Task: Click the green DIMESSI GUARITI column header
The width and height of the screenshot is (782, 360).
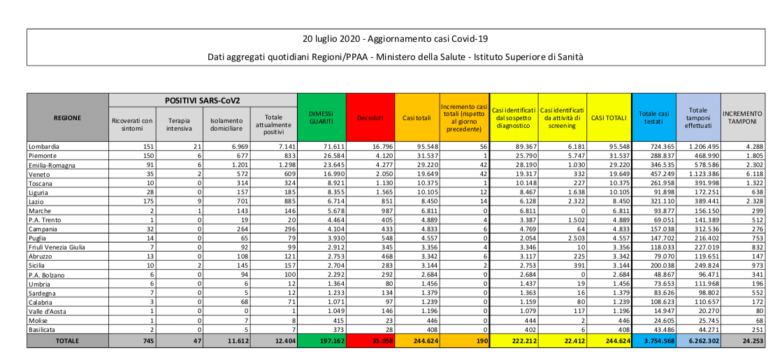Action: tap(321, 117)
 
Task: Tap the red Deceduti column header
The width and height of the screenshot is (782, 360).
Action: tap(370, 117)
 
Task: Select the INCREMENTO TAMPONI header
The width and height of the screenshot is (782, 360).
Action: tap(742, 117)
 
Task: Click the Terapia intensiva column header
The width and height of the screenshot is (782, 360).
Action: tap(180, 124)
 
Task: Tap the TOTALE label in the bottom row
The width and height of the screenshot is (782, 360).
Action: tap(67, 341)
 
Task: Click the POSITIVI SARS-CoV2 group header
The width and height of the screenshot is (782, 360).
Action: tap(203, 101)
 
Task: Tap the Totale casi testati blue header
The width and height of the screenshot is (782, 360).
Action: tap(653, 117)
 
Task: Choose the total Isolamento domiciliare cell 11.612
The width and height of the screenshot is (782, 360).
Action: tap(228, 341)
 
